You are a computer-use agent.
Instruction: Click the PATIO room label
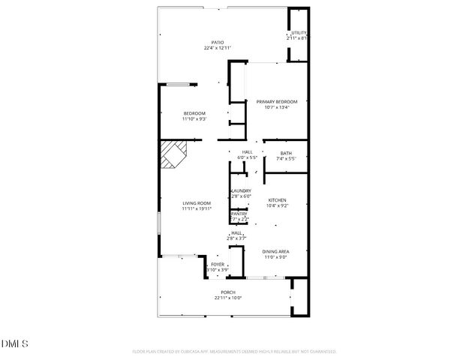tap(217, 42)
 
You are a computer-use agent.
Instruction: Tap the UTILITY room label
tap(299, 33)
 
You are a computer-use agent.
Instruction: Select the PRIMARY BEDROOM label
tap(277, 102)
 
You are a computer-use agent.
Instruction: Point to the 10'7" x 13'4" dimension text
tap(277, 107)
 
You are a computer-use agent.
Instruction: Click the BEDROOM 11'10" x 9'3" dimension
tap(194, 118)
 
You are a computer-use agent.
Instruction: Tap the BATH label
tap(286, 154)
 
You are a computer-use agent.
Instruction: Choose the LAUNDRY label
tap(241, 191)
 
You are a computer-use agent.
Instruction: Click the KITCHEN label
tap(278, 199)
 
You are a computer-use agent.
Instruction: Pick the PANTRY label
tap(239, 214)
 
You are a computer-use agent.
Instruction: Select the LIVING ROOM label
tap(197, 203)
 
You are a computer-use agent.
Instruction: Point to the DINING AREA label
tap(275, 251)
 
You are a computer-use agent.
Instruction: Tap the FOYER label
tap(218, 265)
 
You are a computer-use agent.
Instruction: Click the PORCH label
tap(228, 292)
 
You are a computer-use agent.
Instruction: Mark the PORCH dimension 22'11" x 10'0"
tap(228, 298)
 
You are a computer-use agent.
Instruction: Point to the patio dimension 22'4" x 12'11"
tap(217, 48)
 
